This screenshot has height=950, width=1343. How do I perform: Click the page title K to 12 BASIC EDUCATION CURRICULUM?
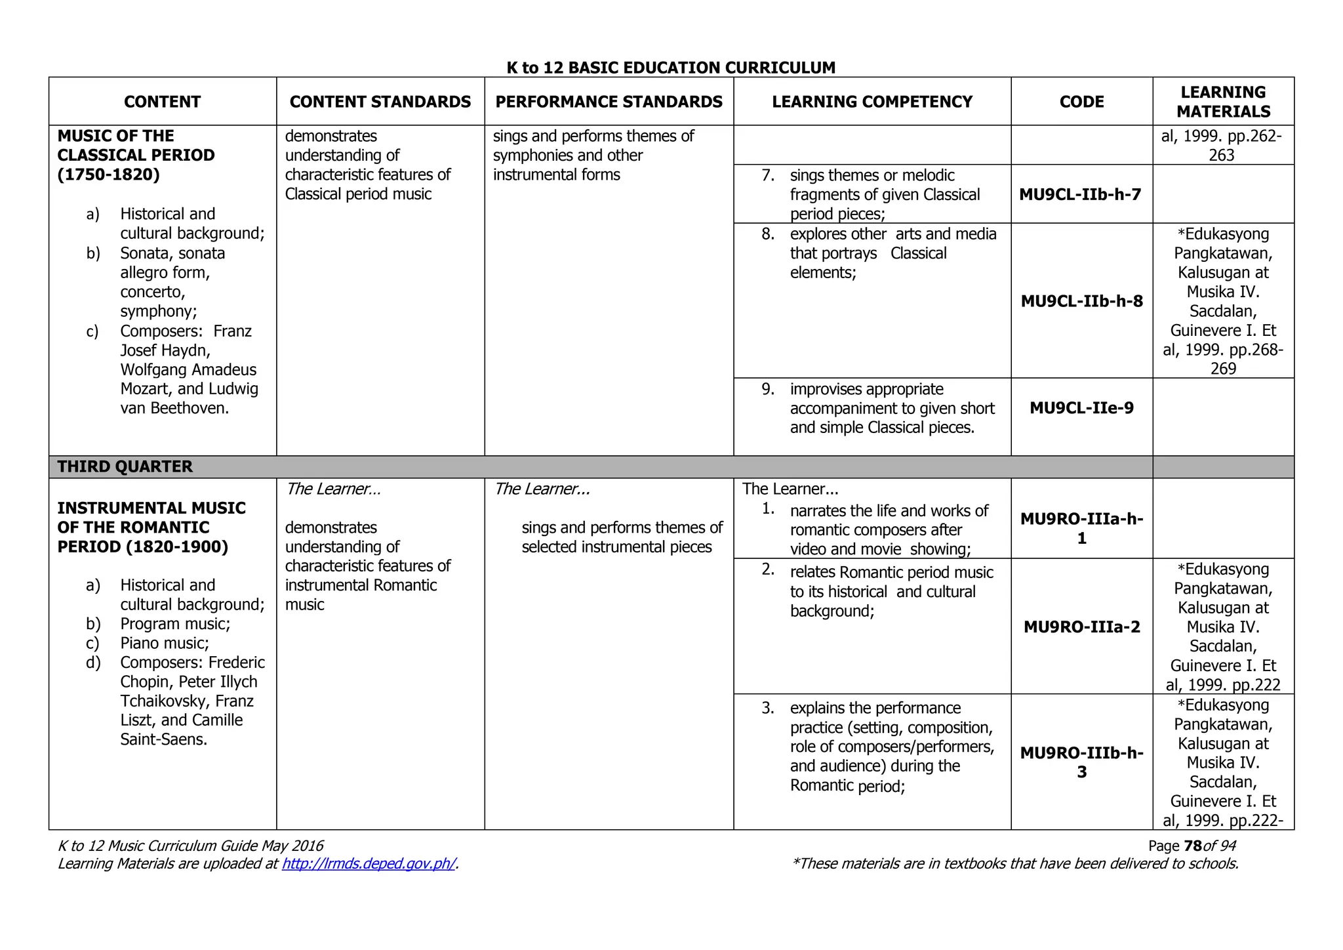click(x=671, y=68)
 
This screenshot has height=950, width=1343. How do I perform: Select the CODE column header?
click(x=1081, y=102)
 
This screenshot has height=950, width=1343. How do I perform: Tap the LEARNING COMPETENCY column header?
click(x=872, y=102)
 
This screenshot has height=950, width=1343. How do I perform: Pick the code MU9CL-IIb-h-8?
click(x=1081, y=301)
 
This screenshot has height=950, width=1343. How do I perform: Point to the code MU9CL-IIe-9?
click(x=1081, y=408)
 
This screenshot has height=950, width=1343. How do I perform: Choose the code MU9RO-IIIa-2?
click(x=1081, y=627)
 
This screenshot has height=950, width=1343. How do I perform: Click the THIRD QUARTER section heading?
click(x=125, y=466)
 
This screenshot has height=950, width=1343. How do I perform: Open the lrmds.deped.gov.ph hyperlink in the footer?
click(x=369, y=863)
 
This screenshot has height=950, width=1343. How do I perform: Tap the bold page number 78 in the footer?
click(x=1193, y=846)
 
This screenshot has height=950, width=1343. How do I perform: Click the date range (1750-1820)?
click(x=109, y=175)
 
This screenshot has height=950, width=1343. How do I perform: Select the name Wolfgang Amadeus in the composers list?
click(x=188, y=369)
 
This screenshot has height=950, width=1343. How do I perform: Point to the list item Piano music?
click(x=165, y=643)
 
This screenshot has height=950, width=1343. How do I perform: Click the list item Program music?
click(x=175, y=623)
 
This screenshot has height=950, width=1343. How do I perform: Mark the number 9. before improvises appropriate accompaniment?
click(x=768, y=389)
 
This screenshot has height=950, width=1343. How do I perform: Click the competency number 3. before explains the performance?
click(x=768, y=708)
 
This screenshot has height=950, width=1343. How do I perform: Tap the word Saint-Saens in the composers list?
click(x=163, y=739)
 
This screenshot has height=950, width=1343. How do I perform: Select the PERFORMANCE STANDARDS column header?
click(x=609, y=102)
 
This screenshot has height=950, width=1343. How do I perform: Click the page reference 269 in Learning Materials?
click(x=1223, y=369)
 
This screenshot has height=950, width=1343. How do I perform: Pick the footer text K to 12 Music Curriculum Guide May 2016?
click(x=191, y=846)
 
